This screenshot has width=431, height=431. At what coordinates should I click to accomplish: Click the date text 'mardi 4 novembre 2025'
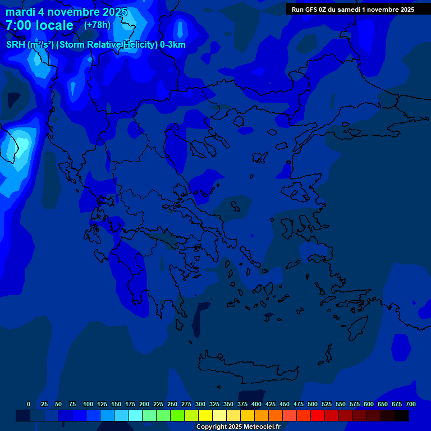coord(66,12)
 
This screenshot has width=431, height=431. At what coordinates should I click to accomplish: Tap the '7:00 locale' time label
coord(39,25)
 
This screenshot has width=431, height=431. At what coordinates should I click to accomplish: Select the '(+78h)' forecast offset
coord(97,25)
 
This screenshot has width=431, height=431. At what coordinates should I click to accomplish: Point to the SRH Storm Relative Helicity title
coord(95,45)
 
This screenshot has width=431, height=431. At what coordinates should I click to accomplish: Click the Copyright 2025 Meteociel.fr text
coord(238,427)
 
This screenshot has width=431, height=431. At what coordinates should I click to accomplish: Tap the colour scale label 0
coord(29,404)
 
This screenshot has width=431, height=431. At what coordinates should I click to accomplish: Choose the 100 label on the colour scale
coord(88,404)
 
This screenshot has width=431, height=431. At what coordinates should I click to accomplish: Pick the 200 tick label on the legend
coord(144,404)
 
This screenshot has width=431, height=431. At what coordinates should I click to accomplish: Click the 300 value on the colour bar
coord(200,404)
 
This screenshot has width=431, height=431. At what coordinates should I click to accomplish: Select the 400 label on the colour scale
coord(256,404)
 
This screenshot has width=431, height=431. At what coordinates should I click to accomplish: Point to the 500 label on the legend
coord(313,404)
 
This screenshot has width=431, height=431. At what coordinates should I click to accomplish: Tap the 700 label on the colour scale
coord(411,404)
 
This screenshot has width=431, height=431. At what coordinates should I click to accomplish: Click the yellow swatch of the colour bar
coord(205,416)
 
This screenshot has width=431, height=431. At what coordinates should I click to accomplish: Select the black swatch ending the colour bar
coord(402,416)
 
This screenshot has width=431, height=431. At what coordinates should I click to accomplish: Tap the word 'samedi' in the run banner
coord(349,10)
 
